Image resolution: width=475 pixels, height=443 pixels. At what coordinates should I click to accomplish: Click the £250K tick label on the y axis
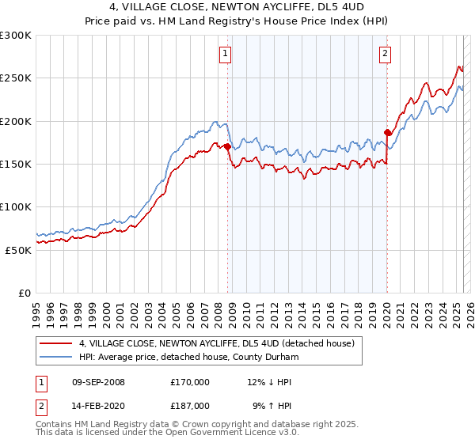click(x=15, y=78)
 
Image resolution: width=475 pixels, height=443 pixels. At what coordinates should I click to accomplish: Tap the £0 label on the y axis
click(x=25, y=293)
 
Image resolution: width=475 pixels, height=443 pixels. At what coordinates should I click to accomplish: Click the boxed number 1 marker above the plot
click(x=226, y=54)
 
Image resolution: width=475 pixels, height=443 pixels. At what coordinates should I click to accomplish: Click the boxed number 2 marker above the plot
click(x=385, y=54)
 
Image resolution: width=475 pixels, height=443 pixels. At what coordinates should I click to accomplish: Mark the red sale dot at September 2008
click(x=228, y=146)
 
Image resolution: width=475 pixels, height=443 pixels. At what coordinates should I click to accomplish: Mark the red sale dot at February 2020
click(x=388, y=132)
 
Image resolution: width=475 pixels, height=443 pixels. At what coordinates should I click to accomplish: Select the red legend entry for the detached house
click(x=220, y=343)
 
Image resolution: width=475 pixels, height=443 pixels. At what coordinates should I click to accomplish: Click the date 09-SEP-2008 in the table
click(x=98, y=382)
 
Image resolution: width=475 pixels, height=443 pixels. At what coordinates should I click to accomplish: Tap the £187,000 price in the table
click(x=190, y=405)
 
